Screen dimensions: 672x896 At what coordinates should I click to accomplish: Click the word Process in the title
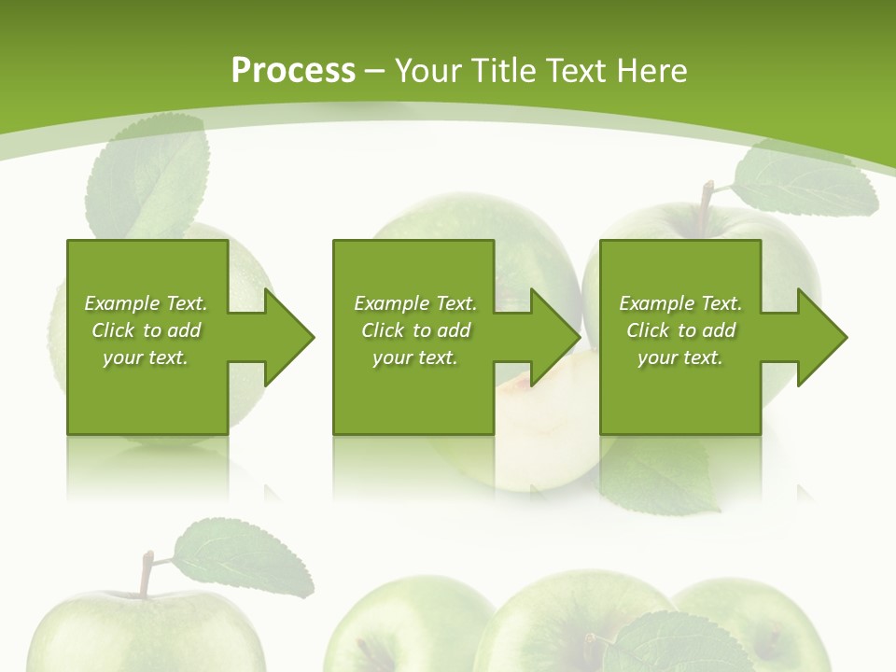[293, 71]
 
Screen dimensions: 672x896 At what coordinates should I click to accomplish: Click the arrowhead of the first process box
[290, 337]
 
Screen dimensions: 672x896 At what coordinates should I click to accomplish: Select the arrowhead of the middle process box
[556, 337]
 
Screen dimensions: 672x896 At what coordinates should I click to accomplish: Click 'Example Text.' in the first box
[146, 303]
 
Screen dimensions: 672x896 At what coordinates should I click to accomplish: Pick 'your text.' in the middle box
[414, 357]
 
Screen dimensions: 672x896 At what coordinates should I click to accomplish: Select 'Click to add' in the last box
[680, 330]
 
